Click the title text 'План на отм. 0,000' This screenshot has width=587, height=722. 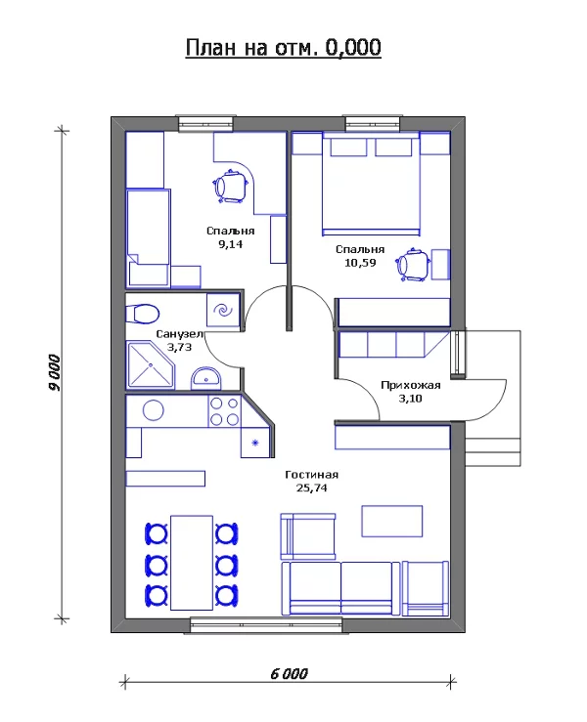click(x=284, y=48)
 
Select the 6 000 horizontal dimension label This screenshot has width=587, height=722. click(x=289, y=673)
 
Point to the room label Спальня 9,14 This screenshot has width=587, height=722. click(x=231, y=237)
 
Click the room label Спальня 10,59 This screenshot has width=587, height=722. click(x=360, y=256)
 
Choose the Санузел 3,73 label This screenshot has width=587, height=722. click(x=180, y=340)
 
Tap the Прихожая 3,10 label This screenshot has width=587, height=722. click(x=411, y=392)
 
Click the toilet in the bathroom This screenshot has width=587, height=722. click(x=142, y=314)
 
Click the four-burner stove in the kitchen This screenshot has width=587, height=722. click(x=225, y=411)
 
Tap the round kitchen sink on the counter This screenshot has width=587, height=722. click(x=153, y=409)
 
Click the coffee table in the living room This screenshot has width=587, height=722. click(x=392, y=519)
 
